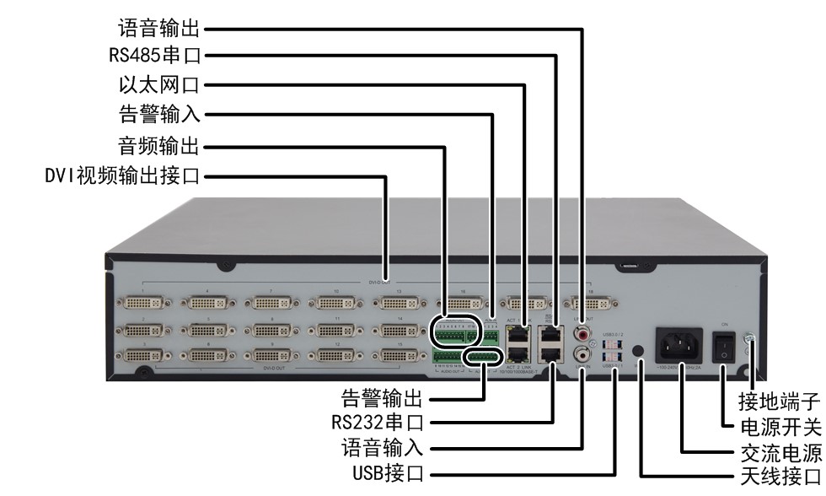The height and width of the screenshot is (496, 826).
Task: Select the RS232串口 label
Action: coord(374,420)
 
